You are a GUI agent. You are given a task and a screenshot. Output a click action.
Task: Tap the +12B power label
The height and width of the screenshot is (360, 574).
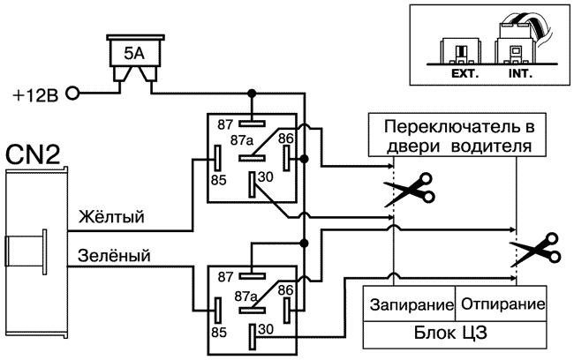pos(35,94)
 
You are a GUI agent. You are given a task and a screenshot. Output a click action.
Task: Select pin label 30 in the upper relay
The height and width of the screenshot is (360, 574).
pos(265,176)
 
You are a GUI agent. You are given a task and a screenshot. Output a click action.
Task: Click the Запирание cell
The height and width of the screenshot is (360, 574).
pos(411,304)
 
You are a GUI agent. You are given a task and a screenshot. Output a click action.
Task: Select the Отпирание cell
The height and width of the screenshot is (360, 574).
pos(500,304)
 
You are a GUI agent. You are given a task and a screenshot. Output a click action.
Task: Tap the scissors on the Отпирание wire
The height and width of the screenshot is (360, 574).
pos(530,250)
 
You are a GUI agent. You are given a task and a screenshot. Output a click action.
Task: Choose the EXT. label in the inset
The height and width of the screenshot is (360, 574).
pos(464,74)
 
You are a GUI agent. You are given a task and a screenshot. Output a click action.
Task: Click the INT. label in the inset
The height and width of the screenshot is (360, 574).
pos(520,74)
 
